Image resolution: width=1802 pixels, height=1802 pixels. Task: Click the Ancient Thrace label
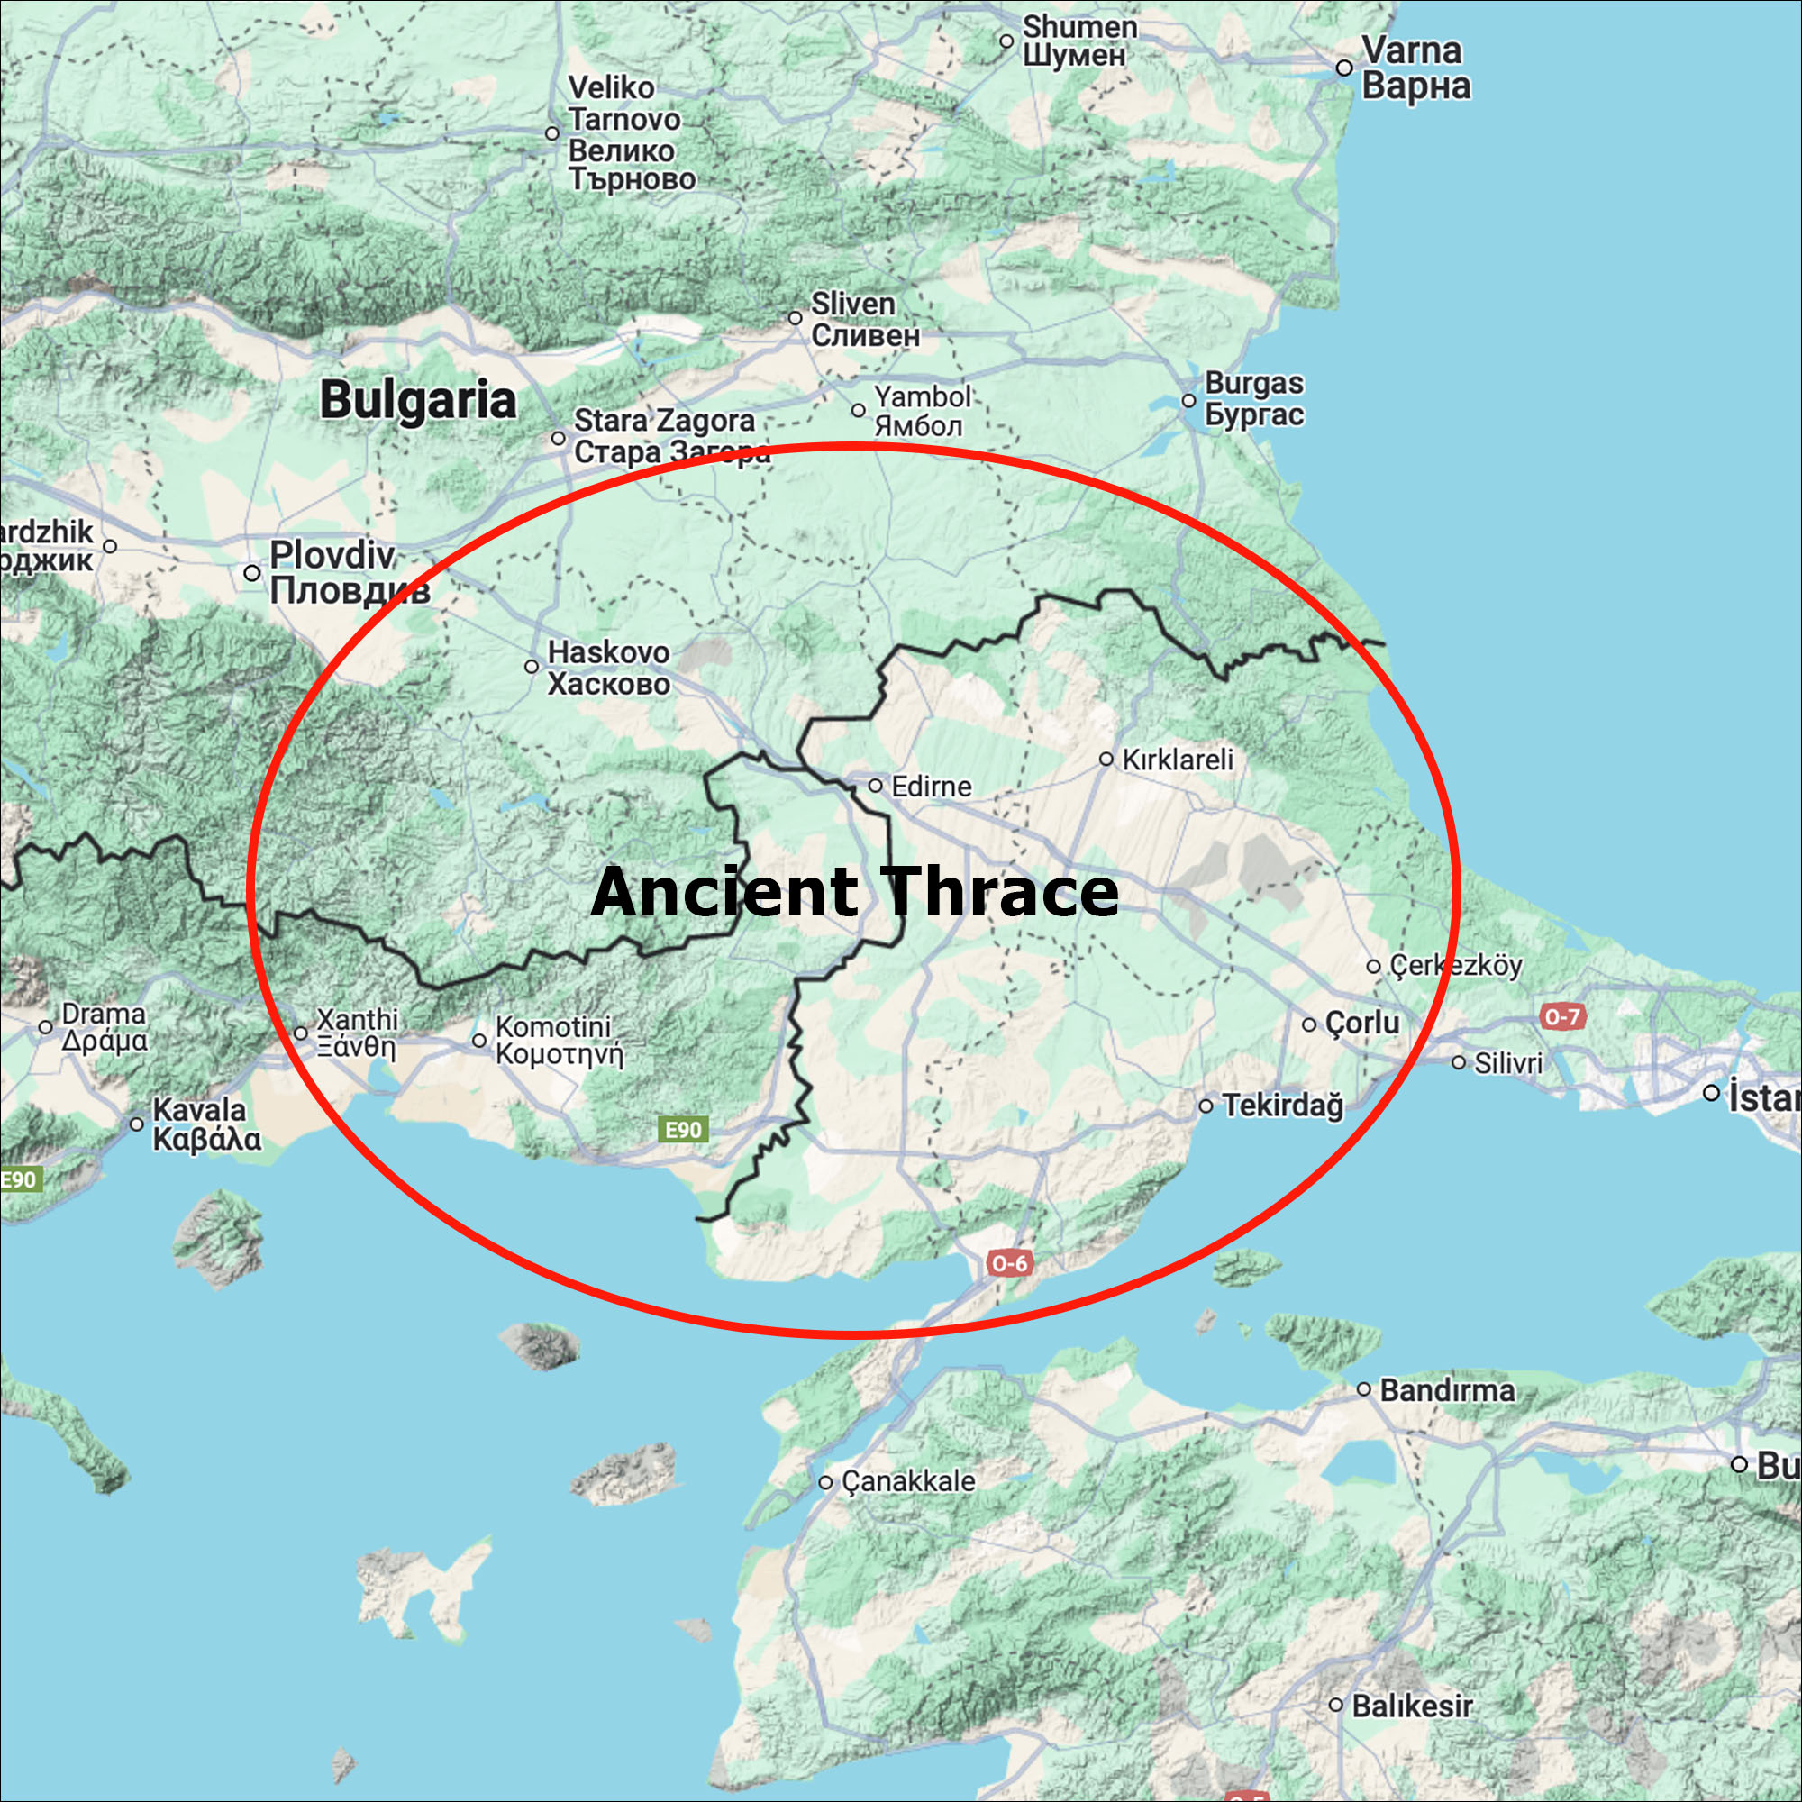[854, 892]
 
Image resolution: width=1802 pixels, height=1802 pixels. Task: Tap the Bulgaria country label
[417, 400]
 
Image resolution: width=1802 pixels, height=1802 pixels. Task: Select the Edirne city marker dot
[875, 786]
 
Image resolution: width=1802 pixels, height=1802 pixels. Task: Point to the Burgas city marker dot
[1188, 400]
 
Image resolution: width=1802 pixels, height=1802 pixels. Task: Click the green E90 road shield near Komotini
[683, 1131]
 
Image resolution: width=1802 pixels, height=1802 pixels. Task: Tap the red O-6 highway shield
[1009, 1264]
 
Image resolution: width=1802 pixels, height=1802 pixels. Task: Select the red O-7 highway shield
[1561, 1015]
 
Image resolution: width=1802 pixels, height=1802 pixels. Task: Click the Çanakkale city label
[907, 1481]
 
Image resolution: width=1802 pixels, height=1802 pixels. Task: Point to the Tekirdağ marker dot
[1206, 1106]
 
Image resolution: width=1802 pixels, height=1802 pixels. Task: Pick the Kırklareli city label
[1177, 760]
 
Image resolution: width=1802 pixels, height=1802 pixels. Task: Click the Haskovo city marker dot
[532, 666]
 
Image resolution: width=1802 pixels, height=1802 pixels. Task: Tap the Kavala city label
[206, 1124]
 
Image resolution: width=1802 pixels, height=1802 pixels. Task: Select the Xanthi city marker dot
[300, 1033]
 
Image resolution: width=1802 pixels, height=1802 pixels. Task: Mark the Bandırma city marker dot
[1363, 1389]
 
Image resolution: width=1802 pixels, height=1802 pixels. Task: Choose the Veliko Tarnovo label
[631, 133]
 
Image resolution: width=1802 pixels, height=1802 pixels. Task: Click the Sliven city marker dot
[795, 318]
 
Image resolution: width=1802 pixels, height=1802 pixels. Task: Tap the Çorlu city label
[1361, 1024]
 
